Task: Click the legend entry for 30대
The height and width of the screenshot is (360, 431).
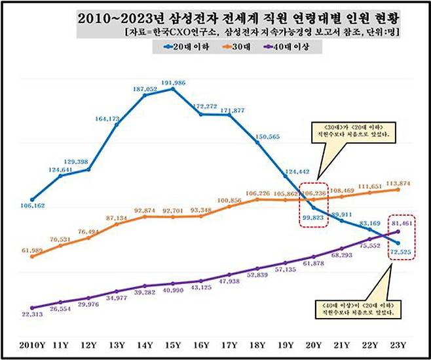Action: (255, 45)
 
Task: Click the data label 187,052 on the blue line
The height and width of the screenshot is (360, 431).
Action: (144, 89)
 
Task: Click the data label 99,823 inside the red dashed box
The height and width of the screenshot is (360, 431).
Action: (314, 217)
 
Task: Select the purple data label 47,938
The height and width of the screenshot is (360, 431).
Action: (229, 280)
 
